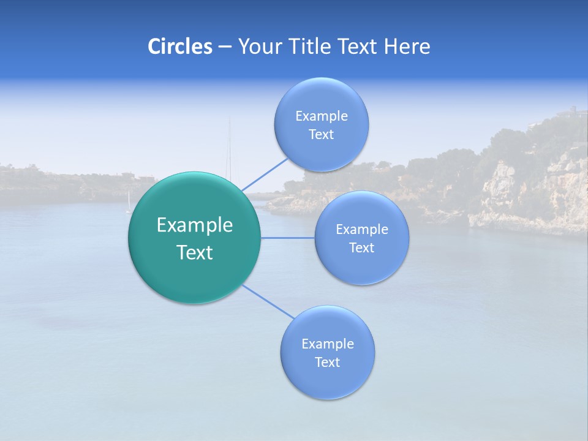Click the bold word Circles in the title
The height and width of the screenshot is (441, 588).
click(x=179, y=47)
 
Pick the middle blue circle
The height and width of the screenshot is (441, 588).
click(x=361, y=263)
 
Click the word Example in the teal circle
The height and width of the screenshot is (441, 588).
click(x=195, y=225)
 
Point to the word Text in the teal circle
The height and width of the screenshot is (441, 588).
click(x=195, y=252)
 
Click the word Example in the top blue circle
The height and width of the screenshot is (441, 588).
click(x=322, y=116)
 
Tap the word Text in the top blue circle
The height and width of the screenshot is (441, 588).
click(x=322, y=135)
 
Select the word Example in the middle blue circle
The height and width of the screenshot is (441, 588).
click(x=362, y=230)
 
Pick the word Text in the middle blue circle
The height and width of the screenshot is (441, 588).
click(x=362, y=248)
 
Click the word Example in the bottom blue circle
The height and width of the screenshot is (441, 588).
click(x=328, y=344)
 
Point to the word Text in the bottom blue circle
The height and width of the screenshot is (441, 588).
click(x=328, y=363)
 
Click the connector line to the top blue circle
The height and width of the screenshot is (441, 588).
click(x=265, y=174)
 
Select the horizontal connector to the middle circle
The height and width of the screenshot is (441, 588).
click(x=287, y=238)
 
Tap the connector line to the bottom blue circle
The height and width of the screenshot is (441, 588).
click(x=268, y=301)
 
